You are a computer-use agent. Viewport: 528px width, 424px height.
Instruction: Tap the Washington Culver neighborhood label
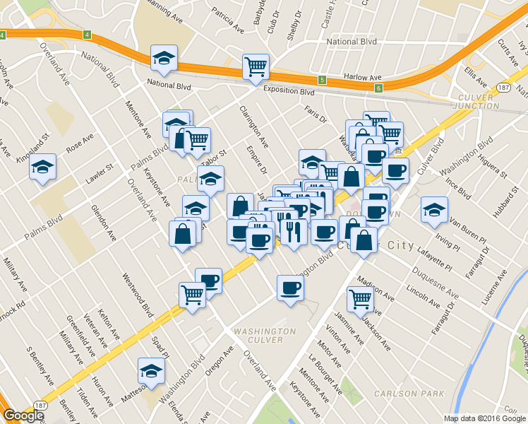click(264, 335)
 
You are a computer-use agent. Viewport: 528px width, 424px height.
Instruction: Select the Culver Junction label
click(478, 101)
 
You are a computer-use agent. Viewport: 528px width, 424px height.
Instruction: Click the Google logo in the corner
click(23, 416)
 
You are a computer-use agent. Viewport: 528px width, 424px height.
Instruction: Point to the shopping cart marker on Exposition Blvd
click(256, 67)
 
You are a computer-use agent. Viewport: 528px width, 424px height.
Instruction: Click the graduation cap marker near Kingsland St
click(42, 167)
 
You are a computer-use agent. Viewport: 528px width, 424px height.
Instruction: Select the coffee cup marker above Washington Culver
click(290, 287)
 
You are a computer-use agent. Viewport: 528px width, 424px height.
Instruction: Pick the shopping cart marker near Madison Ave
click(360, 298)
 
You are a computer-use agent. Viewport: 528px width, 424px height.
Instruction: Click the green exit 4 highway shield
click(86, 35)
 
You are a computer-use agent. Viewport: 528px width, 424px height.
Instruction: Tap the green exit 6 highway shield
click(378, 88)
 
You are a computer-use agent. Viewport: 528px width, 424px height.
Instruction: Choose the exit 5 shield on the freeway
click(321, 79)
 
